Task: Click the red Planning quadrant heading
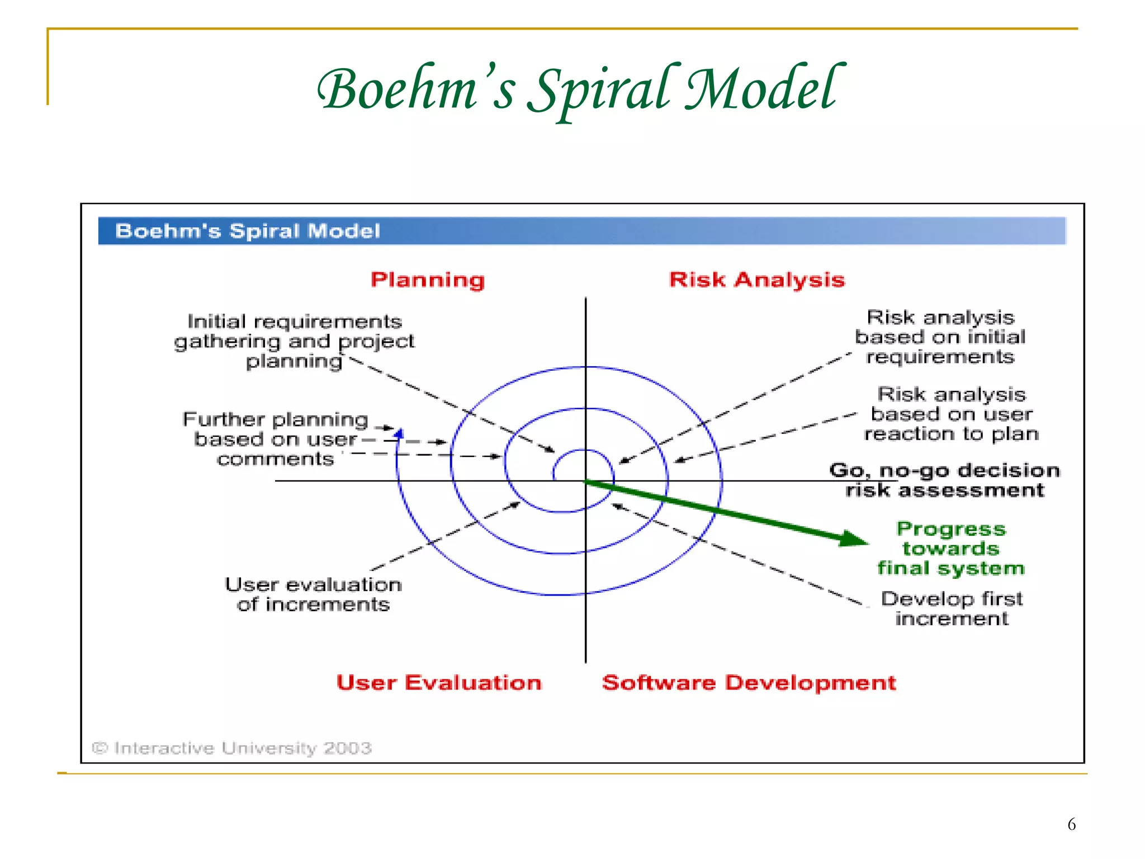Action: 428,280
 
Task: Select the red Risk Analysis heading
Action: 756,280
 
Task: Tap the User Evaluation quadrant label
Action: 439,683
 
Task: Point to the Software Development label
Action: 749,683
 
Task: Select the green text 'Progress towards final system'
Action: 950,549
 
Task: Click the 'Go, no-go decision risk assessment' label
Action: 944,480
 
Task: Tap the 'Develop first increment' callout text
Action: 952,608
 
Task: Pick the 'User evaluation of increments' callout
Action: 313,594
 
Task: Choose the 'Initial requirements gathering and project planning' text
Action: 295,341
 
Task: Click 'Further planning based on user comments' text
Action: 276,439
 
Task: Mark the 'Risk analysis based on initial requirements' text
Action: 940,337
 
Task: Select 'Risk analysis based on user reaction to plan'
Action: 951,414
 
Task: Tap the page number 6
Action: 1071,824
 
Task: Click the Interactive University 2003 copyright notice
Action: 232,748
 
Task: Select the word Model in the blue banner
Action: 344,231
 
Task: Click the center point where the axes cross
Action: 585,481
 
